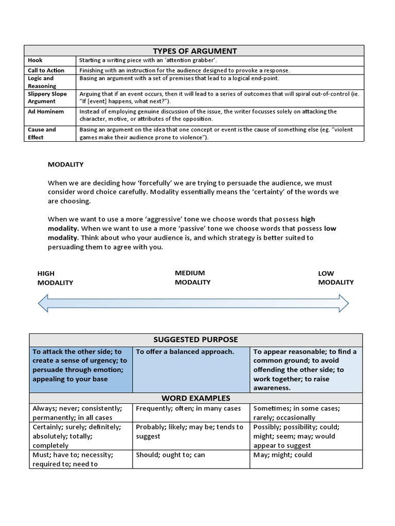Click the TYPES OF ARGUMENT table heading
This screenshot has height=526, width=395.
[194, 50]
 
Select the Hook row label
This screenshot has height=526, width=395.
[35, 60]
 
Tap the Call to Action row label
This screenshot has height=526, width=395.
[46, 70]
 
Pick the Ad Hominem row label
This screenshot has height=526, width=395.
[46, 111]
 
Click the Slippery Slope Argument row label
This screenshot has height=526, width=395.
[47, 98]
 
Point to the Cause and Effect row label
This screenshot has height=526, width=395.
[42, 134]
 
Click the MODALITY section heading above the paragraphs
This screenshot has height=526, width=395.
[65, 164]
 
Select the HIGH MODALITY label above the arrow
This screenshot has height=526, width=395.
[55, 278]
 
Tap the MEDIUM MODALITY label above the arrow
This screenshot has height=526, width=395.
[192, 277]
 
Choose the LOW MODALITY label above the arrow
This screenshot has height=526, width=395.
[335, 278]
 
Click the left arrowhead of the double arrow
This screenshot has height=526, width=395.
[45, 303]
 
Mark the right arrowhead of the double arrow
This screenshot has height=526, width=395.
[343, 303]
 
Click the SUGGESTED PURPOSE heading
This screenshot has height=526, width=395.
[195, 340]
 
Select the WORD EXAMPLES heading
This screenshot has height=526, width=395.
[195, 398]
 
